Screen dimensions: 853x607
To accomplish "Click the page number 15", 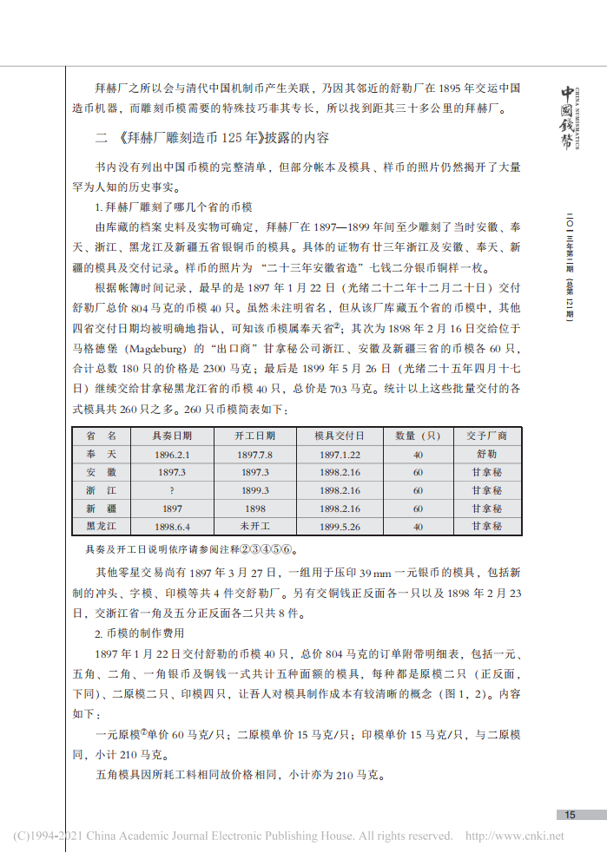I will click(570, 814).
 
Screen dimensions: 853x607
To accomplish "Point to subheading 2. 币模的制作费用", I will click(139, 632).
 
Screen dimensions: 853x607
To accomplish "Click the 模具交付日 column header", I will click(339, 436).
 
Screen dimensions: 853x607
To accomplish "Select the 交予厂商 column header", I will click(486, 436).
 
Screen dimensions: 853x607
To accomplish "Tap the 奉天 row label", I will click(102, 454).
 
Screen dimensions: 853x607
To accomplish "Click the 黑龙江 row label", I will click(102, 526).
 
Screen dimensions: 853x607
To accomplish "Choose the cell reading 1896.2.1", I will click(172, 454).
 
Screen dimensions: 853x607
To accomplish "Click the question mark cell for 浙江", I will click(172, 490).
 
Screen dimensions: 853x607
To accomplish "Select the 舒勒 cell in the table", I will click(486, 454).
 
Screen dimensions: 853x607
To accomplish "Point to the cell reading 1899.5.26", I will click(339, 526).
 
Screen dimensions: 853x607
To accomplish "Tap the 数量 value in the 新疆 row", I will click(418, 509).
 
